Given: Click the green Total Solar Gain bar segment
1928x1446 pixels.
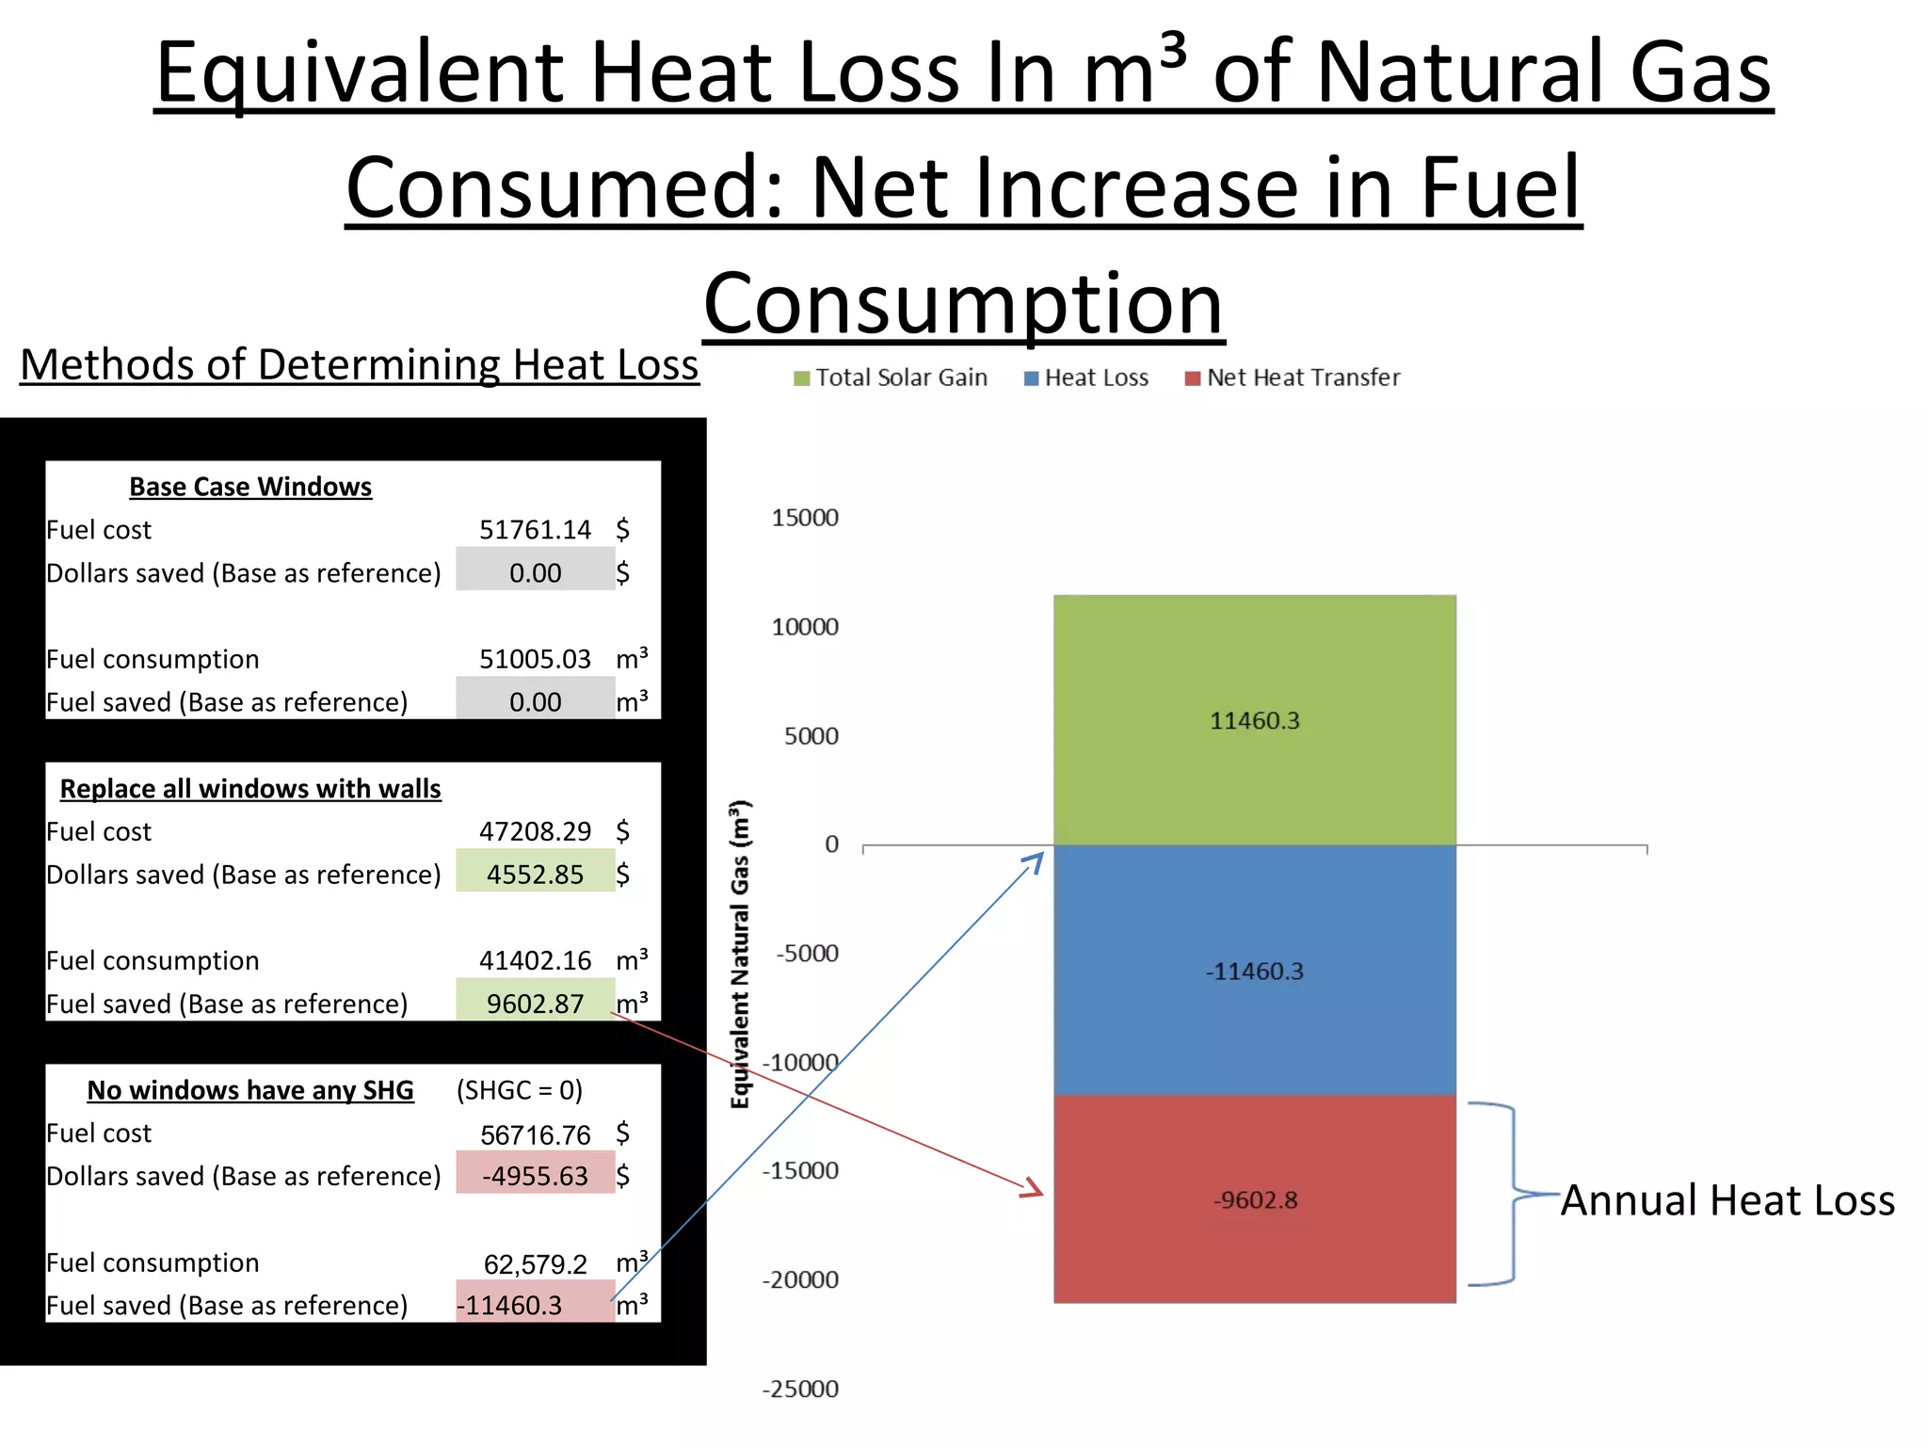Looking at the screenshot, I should (x=1254, y=720).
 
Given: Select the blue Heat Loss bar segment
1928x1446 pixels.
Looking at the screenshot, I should (x=1254, y=971).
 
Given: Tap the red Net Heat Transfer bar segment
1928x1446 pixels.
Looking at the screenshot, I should (x=1254, y=1199).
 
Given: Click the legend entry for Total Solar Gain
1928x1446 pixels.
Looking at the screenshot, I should (x=891, y=378).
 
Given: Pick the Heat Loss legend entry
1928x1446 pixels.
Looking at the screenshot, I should (x=1086, y=378).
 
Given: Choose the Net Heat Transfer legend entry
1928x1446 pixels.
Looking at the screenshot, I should (x=1293, y=378).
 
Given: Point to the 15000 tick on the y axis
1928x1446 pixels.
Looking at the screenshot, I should (x=805, y=518).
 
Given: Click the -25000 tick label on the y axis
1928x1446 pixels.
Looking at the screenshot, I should (x=800, y=1389).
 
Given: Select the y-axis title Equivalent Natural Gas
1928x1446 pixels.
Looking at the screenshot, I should (x=741, y=954).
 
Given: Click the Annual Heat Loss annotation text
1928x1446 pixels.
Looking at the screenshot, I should (x=1727, y=1200).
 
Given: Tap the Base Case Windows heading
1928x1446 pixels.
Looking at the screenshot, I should (x=250, y=487).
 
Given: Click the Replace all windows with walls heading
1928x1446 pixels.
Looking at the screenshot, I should (x=250, y=789).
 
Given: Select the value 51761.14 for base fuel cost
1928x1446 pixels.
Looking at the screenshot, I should (x=535, y=530).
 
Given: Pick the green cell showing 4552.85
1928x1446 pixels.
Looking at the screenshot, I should (x=535, y=875).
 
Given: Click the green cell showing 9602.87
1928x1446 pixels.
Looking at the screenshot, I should (x=535, y=1004).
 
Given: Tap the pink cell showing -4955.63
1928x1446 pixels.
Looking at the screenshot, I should (x=535, y=1176).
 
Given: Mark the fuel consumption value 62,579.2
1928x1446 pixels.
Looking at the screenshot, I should (x=535, y=1263).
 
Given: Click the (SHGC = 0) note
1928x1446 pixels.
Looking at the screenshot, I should (x=520, y=1090).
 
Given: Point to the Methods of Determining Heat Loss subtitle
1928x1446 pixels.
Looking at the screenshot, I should (x=360, y=365).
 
